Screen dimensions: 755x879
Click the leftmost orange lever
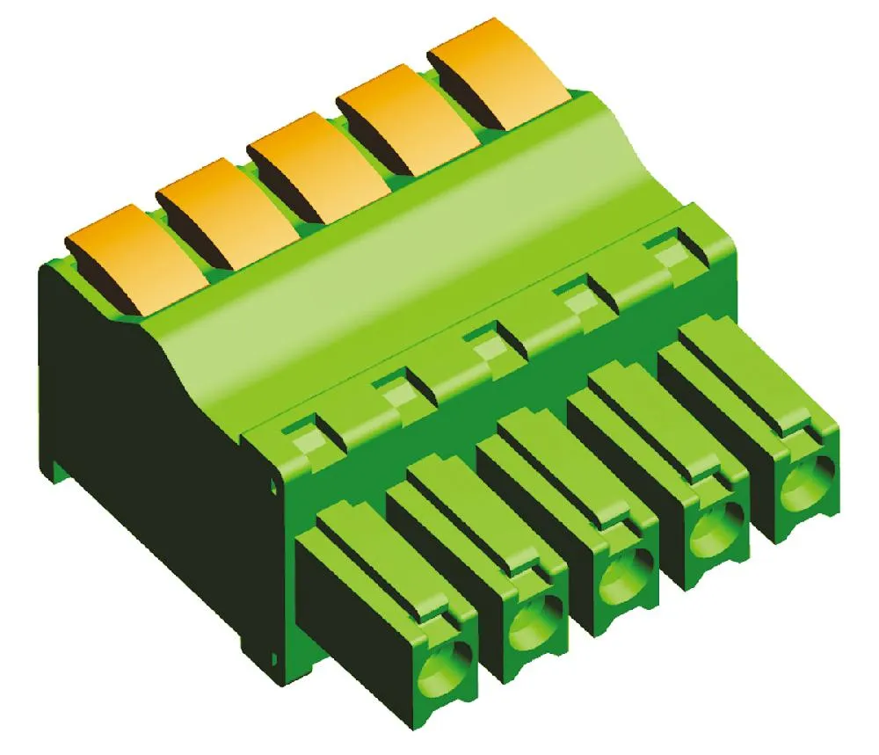tap(123, 250)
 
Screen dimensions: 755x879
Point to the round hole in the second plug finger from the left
tap(533, 623)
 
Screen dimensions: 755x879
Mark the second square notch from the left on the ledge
tap(391, 387)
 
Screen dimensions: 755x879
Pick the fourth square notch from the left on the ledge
tap(575, 295)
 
